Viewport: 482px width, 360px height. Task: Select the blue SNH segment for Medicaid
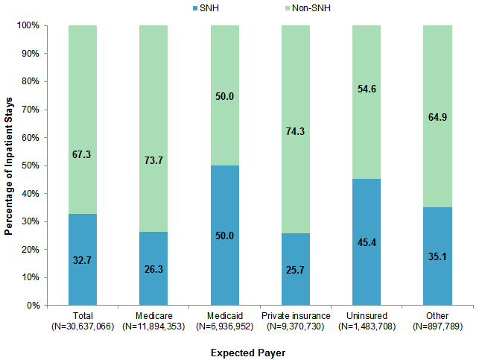225,235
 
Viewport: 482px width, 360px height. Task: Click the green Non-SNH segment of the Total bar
83,119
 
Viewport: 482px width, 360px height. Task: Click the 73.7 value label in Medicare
153,160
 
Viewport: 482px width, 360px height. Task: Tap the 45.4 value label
367,241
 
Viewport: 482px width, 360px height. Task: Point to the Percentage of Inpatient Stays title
9,165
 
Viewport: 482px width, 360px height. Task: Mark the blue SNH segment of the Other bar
437,256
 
